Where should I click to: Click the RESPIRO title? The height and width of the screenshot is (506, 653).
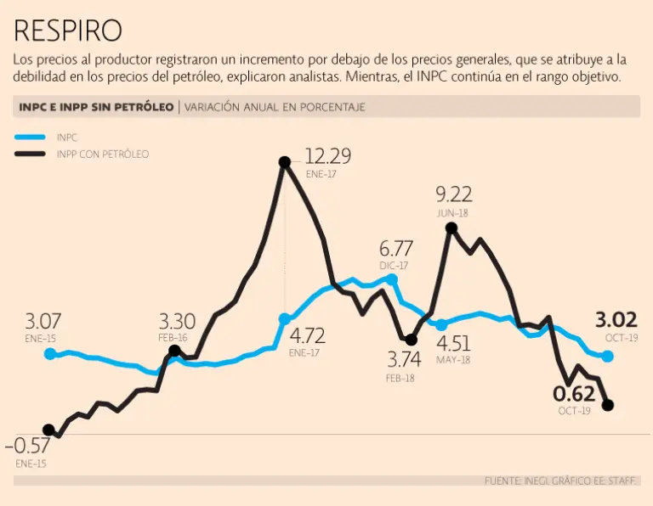pos(68,31)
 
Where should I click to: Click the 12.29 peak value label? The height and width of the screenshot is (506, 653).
pos(327,156)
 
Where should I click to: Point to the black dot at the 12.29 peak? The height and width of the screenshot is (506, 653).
pos(285,161)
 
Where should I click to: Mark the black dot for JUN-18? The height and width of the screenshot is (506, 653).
pos(451,228)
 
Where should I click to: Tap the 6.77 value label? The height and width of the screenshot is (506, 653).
pos(395,249)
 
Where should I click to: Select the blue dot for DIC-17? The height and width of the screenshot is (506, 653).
pos(392,278)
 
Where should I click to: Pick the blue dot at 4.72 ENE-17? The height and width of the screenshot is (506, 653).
pos(285,319)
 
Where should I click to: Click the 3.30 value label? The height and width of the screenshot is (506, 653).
pos(177,322)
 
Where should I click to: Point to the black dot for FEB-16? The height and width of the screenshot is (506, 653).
pos(174,350)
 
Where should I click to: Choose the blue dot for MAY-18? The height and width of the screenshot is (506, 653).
pos(441,324)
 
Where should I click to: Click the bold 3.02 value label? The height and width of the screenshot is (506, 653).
pos(616,320)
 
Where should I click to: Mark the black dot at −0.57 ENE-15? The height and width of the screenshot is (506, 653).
pos(48,430)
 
